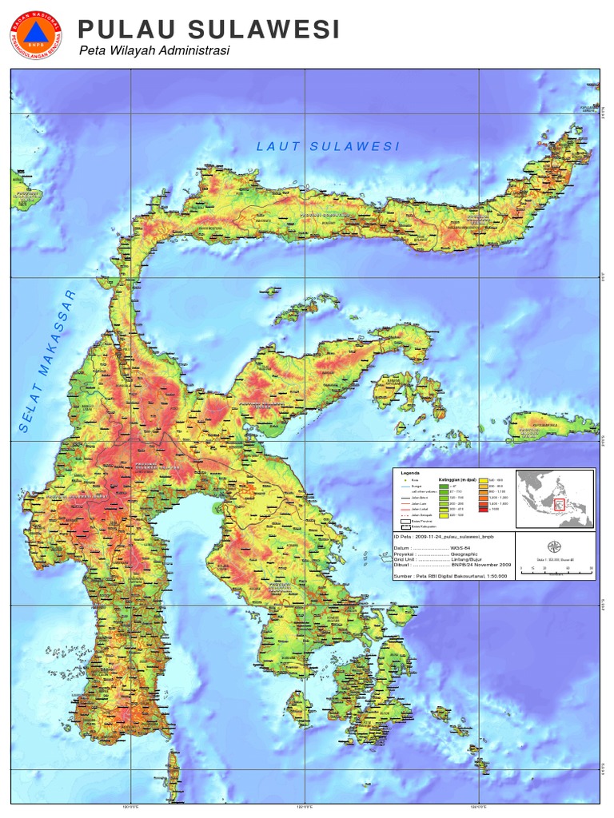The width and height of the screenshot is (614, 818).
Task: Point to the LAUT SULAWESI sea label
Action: (x=328, y=145)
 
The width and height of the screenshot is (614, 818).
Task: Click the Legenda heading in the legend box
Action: (x=409, y=473)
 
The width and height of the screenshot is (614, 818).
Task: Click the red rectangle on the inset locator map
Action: (x=560, y=505)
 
